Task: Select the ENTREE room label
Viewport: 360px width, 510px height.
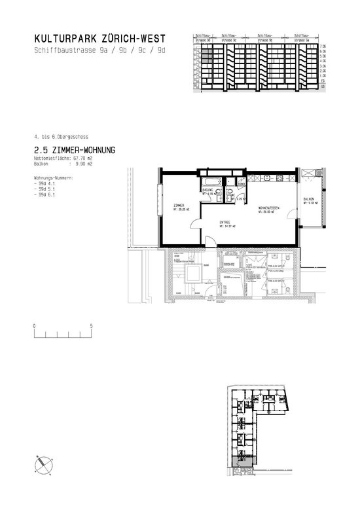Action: [x=226, y=223]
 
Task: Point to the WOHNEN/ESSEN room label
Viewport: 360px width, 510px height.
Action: [x=268, y=208]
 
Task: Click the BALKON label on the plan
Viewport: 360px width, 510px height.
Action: [x=310, y=199]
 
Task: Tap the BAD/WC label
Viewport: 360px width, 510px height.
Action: [x=209, y=190]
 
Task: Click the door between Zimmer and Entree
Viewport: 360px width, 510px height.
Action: [x=194, y=226]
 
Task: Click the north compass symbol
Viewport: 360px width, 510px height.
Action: [x=43, y=463]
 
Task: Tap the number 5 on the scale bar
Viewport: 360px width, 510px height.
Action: [x=92, y=325]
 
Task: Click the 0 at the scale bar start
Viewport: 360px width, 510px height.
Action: [x=34, y=325]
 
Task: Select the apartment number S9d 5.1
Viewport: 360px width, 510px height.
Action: [x=46, y=190]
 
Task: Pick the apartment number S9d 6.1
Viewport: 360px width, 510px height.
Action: [x=46, y=195]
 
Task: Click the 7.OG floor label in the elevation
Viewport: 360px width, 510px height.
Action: [x=321, y=46]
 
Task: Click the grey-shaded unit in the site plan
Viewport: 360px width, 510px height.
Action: [x=236, y=462]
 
